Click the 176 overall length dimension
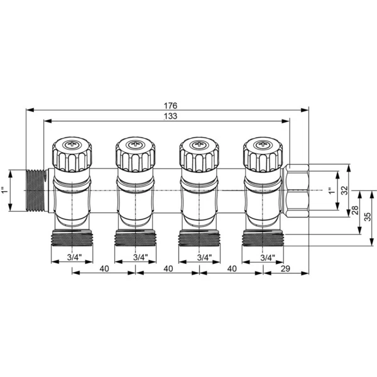170,105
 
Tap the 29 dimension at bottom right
285,268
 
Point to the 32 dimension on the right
344,190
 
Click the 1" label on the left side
6,190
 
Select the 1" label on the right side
331,190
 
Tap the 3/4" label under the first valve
74,258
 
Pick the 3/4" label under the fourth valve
266,258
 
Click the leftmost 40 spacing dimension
104,268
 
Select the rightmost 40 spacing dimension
232,268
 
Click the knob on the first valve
70,154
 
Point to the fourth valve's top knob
263,154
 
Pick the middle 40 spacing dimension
168,268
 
